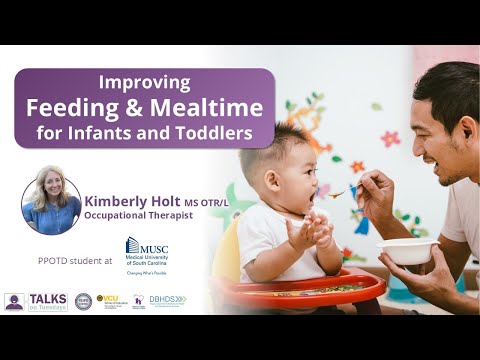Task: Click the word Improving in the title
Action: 145,83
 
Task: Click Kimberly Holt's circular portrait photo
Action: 51,206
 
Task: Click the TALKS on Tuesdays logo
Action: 38,301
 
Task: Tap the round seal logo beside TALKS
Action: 83,301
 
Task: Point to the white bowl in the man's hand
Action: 407,250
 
